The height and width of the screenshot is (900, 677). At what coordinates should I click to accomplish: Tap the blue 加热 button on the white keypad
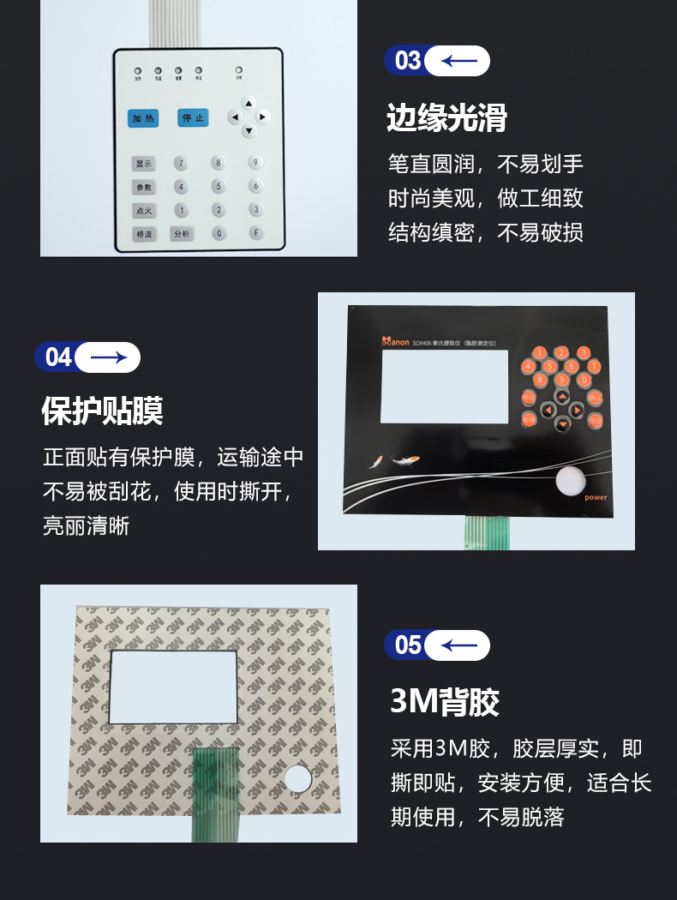click(143, 118)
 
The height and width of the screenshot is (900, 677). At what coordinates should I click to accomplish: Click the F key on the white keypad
click(255, 232)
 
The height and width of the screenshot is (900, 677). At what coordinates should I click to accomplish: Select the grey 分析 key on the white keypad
click(182, 233)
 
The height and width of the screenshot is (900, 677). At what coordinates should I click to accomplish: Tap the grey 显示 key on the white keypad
click(143, 163)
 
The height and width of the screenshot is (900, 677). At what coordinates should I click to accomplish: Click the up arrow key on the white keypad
click(249, 101)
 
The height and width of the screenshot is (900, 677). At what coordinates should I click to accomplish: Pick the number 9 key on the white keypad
click(255, 161)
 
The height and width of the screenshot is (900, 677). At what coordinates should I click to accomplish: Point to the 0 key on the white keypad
click(219, 232)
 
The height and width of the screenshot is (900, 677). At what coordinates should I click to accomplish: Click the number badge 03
click(408, 61)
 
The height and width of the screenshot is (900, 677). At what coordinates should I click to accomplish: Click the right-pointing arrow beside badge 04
click(108, 357)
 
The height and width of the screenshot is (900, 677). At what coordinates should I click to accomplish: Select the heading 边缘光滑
click(446, 118)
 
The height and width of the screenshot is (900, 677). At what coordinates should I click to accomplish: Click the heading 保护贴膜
click(103, 411)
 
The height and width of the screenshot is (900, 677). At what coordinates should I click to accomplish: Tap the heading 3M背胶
click(445, 703)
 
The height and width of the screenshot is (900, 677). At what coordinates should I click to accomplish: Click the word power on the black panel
click(596, 497)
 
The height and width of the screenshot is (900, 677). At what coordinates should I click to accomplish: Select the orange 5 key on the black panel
click(549, 367)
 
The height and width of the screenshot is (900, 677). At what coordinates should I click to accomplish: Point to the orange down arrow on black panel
click(562, 424)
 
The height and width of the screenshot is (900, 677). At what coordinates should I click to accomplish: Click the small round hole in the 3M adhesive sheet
click(297, 777)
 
